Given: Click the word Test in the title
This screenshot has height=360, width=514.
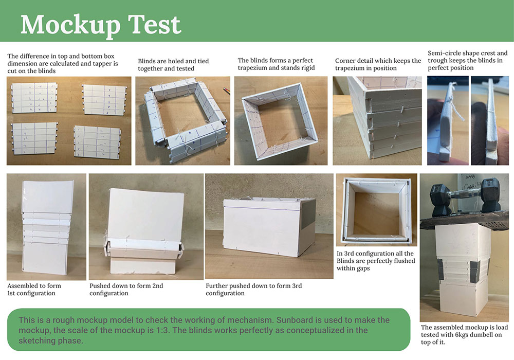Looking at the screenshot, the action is click(x=154, y=24).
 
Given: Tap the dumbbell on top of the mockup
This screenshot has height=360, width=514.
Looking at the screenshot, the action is click(x=465, y=197).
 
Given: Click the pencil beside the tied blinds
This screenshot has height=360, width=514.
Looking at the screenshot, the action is click(x=227, y=91).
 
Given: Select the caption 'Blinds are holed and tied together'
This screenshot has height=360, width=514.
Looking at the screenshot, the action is click(x=173, y=65).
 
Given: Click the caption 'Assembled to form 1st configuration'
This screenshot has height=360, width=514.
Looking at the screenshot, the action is click(x=34, y=290).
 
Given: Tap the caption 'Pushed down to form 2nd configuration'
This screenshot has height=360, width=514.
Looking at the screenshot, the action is click(x=126, y=290).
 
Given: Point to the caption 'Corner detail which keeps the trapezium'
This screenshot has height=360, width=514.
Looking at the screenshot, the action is click(x=378, y=64).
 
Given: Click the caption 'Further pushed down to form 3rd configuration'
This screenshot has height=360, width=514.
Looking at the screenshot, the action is click(x=254, y=290).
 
